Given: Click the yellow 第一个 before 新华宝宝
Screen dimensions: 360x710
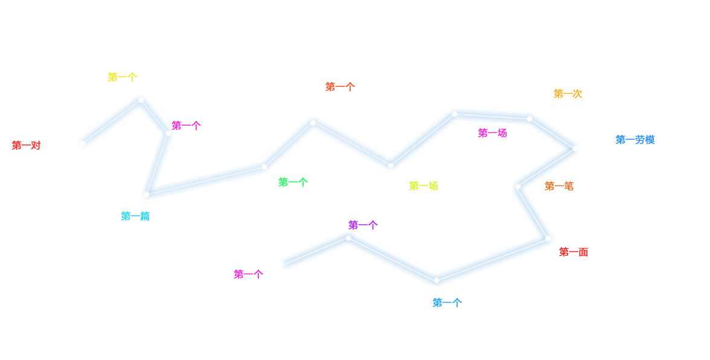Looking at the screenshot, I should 122,77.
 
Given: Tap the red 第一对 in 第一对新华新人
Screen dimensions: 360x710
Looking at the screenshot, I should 26,145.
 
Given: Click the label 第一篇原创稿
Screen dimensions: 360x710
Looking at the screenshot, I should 149,216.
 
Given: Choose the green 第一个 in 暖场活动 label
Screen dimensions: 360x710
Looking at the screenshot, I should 293,182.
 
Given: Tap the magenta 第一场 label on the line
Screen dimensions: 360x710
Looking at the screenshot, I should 492,133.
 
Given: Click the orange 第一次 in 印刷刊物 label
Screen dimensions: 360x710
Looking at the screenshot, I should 568,94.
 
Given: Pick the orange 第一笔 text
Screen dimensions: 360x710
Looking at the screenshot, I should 558,186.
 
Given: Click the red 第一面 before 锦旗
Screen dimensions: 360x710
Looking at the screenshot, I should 574,252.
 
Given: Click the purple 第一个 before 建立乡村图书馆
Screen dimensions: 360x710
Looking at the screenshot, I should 363,225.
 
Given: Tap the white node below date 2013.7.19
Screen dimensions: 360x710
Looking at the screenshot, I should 313,123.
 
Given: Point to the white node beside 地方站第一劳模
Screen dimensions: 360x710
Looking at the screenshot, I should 575,148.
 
